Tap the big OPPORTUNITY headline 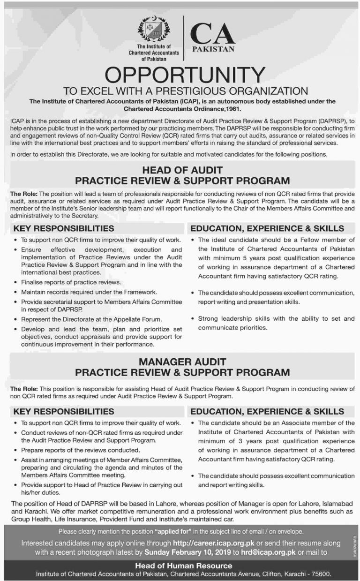[x=180, y=75]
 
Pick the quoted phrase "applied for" [x=173, y=532]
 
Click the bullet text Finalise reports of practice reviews [x=71, y=282]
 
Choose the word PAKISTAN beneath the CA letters [x=213, y=49]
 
